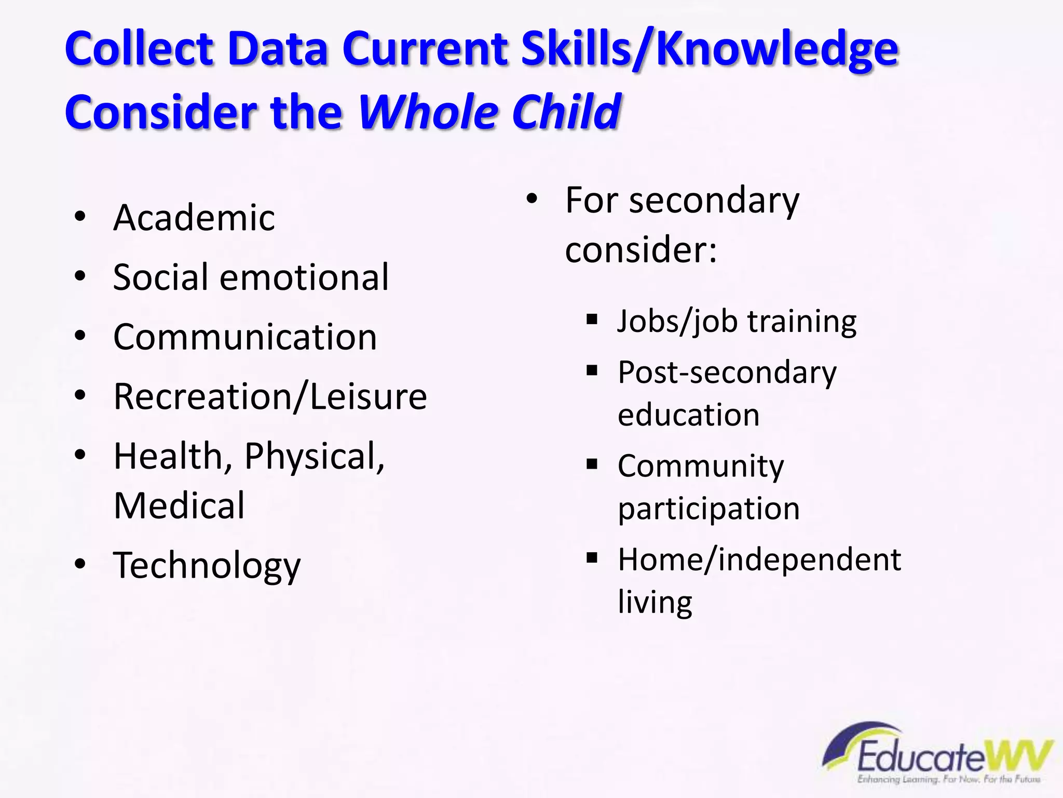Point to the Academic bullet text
[194, 218]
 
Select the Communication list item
[245, 337]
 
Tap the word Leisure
[369, 397]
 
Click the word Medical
[179, 506]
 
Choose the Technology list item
[207, 566]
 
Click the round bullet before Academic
[80, 217]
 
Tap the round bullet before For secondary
[532, 199]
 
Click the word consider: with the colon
[641, 250]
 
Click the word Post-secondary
[727, 373]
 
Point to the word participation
[708, 509]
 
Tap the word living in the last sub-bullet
[655, 603]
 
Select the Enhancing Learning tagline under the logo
[948, 779]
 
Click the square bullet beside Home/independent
[592, 558]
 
